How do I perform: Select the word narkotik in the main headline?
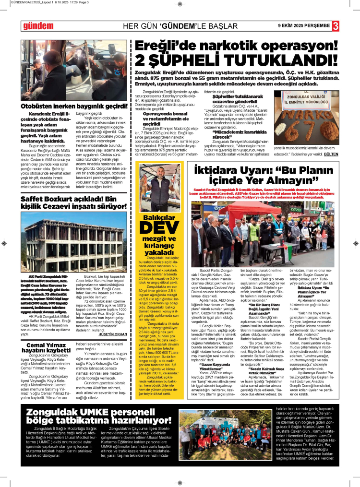point(223,47)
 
